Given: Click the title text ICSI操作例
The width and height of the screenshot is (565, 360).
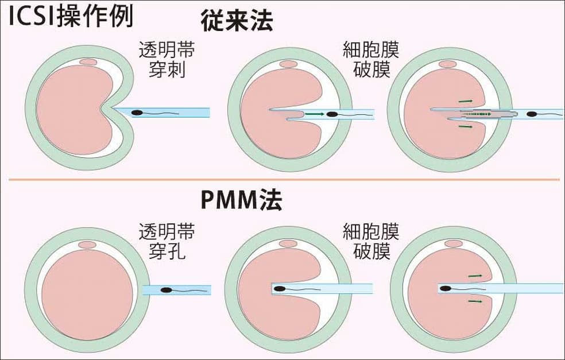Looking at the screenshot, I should [69, 17].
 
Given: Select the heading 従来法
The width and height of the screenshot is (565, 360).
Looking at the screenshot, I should [237, 20].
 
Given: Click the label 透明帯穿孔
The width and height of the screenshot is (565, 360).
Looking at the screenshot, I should [167, 242].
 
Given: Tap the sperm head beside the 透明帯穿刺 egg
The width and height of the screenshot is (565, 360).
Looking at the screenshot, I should [137, 113].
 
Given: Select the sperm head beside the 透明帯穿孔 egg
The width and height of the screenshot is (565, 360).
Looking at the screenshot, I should [166, 291].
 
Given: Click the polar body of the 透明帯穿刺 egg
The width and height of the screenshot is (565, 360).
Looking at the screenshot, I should [88, 61].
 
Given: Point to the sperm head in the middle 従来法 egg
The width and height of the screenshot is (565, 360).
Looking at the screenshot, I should [332, 114].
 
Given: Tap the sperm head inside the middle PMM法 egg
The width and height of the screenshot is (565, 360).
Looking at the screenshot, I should [279, 288].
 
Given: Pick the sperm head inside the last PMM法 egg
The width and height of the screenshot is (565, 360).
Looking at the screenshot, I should [446, 288].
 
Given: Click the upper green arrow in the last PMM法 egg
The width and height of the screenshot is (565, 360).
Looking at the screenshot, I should [474, 276].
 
